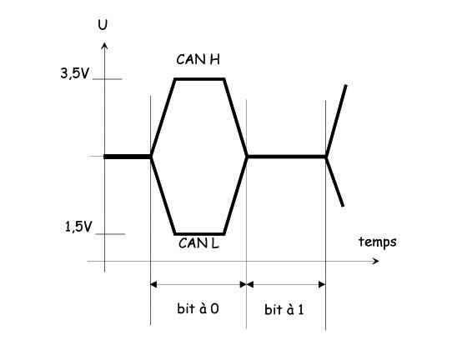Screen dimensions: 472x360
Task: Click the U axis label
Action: click(103, 24)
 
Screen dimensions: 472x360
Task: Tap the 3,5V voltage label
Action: click(75, 73)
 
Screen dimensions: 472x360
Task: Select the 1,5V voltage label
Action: click(78, 227)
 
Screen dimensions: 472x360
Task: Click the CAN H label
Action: click(198, 59)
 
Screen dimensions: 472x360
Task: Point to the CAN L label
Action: click(198, 243)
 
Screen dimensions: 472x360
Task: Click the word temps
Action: click(378, 242)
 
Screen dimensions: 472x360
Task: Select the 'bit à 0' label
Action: click(198, 308)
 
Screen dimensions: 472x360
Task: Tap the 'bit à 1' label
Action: click(284, 309)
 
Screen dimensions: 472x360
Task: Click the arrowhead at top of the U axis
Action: click(104, 45)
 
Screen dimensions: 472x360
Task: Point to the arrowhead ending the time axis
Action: click(376, 261)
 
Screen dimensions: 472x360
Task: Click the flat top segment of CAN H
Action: click(199, 79)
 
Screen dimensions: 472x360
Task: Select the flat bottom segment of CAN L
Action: click(199, 233)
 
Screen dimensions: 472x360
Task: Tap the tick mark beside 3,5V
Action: click(108, 79)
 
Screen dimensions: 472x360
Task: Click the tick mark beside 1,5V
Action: click(110, 234)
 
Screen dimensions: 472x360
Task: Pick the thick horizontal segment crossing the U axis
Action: click(127, 157)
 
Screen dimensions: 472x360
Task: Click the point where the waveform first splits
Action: click(151, 157)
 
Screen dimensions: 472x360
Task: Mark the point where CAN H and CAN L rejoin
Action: click(247, 157)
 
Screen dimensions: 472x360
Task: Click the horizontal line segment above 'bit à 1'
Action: click(287, 157)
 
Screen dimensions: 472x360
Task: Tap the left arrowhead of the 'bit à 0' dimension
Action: click(153, 284)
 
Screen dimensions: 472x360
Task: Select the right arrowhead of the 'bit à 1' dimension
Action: click(322, 284)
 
